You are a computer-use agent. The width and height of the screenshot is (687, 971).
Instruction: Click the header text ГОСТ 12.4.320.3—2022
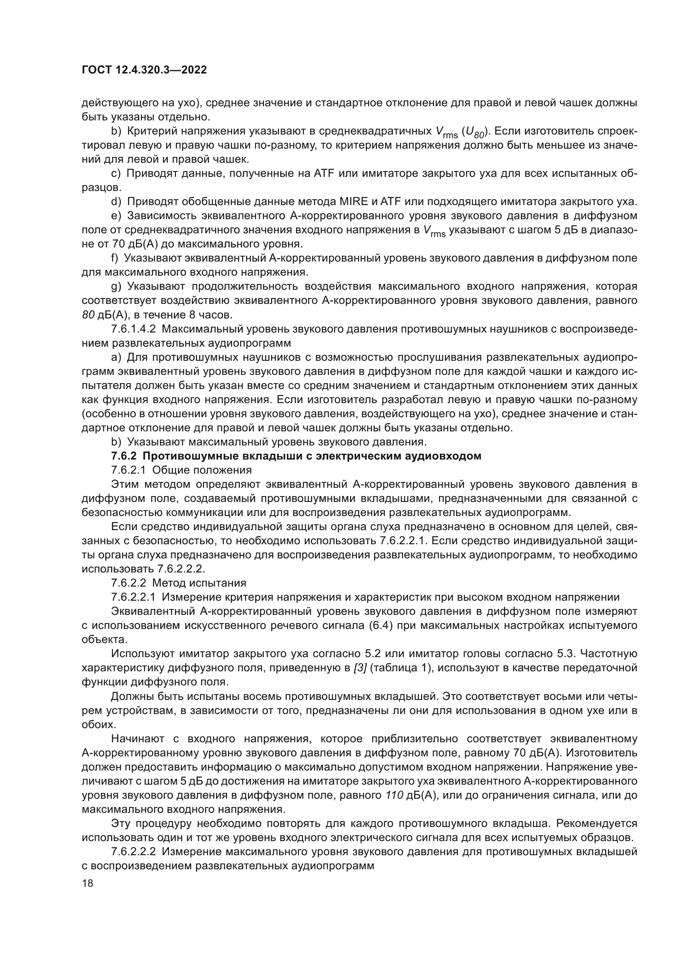144,70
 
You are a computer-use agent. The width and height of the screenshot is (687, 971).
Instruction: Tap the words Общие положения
202,470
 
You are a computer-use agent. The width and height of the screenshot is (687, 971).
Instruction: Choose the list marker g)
116,287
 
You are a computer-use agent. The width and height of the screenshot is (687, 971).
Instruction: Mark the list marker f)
115,258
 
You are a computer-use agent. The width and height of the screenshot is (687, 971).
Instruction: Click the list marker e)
116,216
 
